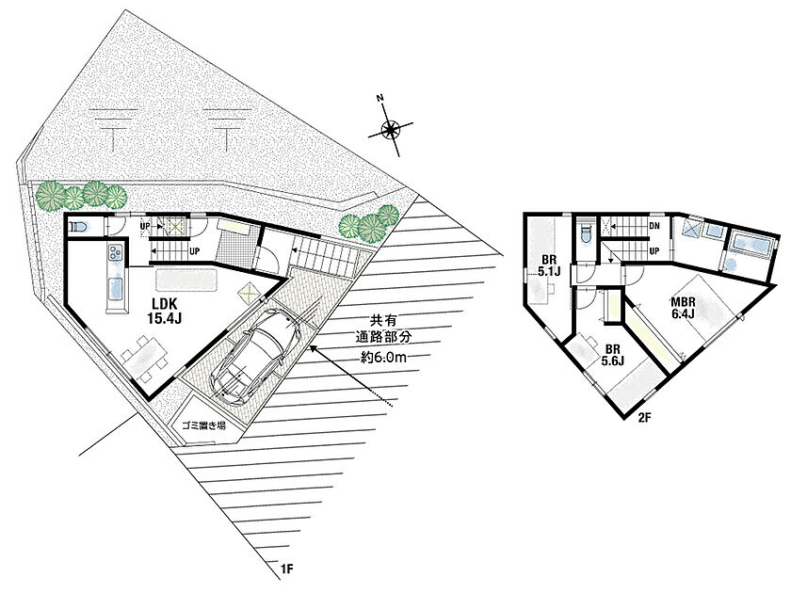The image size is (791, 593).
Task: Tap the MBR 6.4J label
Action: click(683, 308)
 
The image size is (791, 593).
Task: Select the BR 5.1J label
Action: click(549, 266)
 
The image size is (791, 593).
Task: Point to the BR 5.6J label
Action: click(612, 355)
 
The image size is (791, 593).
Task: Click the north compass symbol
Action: click(390, 130)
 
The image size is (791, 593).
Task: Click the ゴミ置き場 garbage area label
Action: click(203, 426)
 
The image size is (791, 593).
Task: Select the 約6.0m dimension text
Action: click(384, 357)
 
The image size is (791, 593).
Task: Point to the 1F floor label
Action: click(286, 569)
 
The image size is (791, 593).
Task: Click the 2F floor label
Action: click(645, 418)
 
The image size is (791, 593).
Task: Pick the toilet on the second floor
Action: click(585, 234)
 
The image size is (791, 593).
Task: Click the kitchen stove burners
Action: click(115, 251)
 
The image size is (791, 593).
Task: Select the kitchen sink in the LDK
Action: click(116, 289)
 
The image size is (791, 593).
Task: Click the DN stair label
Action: click(654, 226)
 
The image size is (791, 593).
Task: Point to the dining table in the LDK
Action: click(145, 357)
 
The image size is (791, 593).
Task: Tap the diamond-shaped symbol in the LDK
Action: click(249, 293)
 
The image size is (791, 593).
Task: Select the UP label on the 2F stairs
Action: click(654, 250)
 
